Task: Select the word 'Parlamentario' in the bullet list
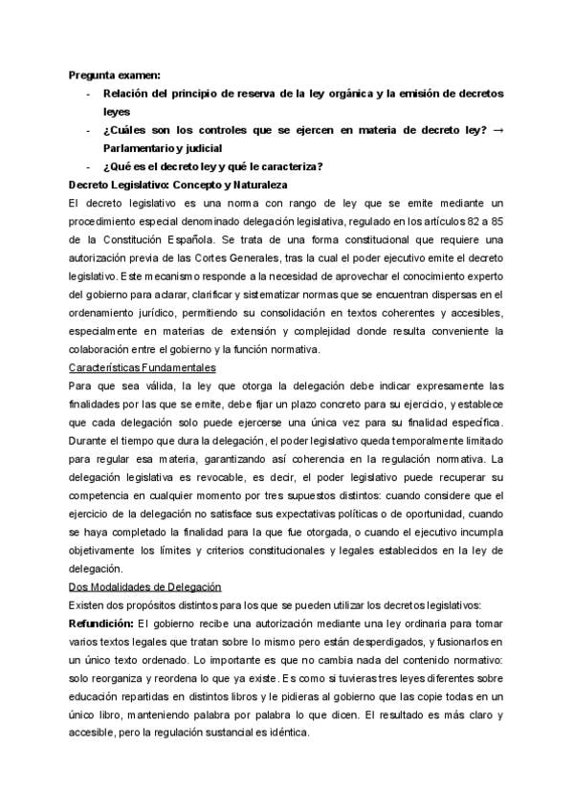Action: click(x=143, y=148)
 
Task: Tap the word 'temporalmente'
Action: click(x=402, y=439)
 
